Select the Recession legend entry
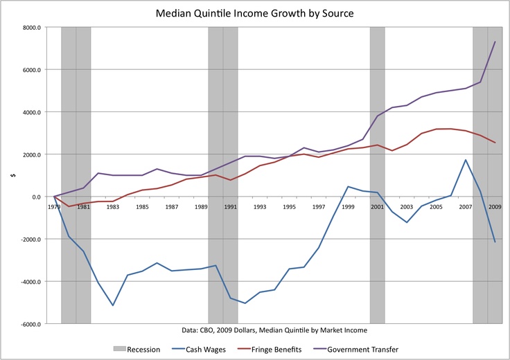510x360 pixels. coord(137,350)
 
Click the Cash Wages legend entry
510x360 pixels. coord(198,350)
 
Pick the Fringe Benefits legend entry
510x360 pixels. coord(270,350)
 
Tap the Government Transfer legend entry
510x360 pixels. coord(355,350)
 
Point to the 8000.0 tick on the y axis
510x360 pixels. coord(32,28)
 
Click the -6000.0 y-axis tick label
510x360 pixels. coord(30,324)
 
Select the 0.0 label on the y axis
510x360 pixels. coord(36,197)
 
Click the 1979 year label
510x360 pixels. coord(54,207)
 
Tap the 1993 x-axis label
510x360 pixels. coord(260,207)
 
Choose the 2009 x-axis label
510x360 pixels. coord(495,207)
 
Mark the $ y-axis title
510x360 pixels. coord(13,175)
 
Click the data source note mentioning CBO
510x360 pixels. coord(274,330)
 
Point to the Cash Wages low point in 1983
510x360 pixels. coord(113,305)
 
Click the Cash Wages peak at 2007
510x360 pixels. coord(466,160)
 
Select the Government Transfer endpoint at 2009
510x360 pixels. coord(495,42)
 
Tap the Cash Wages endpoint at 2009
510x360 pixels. coord(495,242)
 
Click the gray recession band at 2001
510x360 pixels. coord(377,175)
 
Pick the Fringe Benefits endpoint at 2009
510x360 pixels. coord(495,143)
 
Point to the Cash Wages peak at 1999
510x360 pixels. coord(348,186)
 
